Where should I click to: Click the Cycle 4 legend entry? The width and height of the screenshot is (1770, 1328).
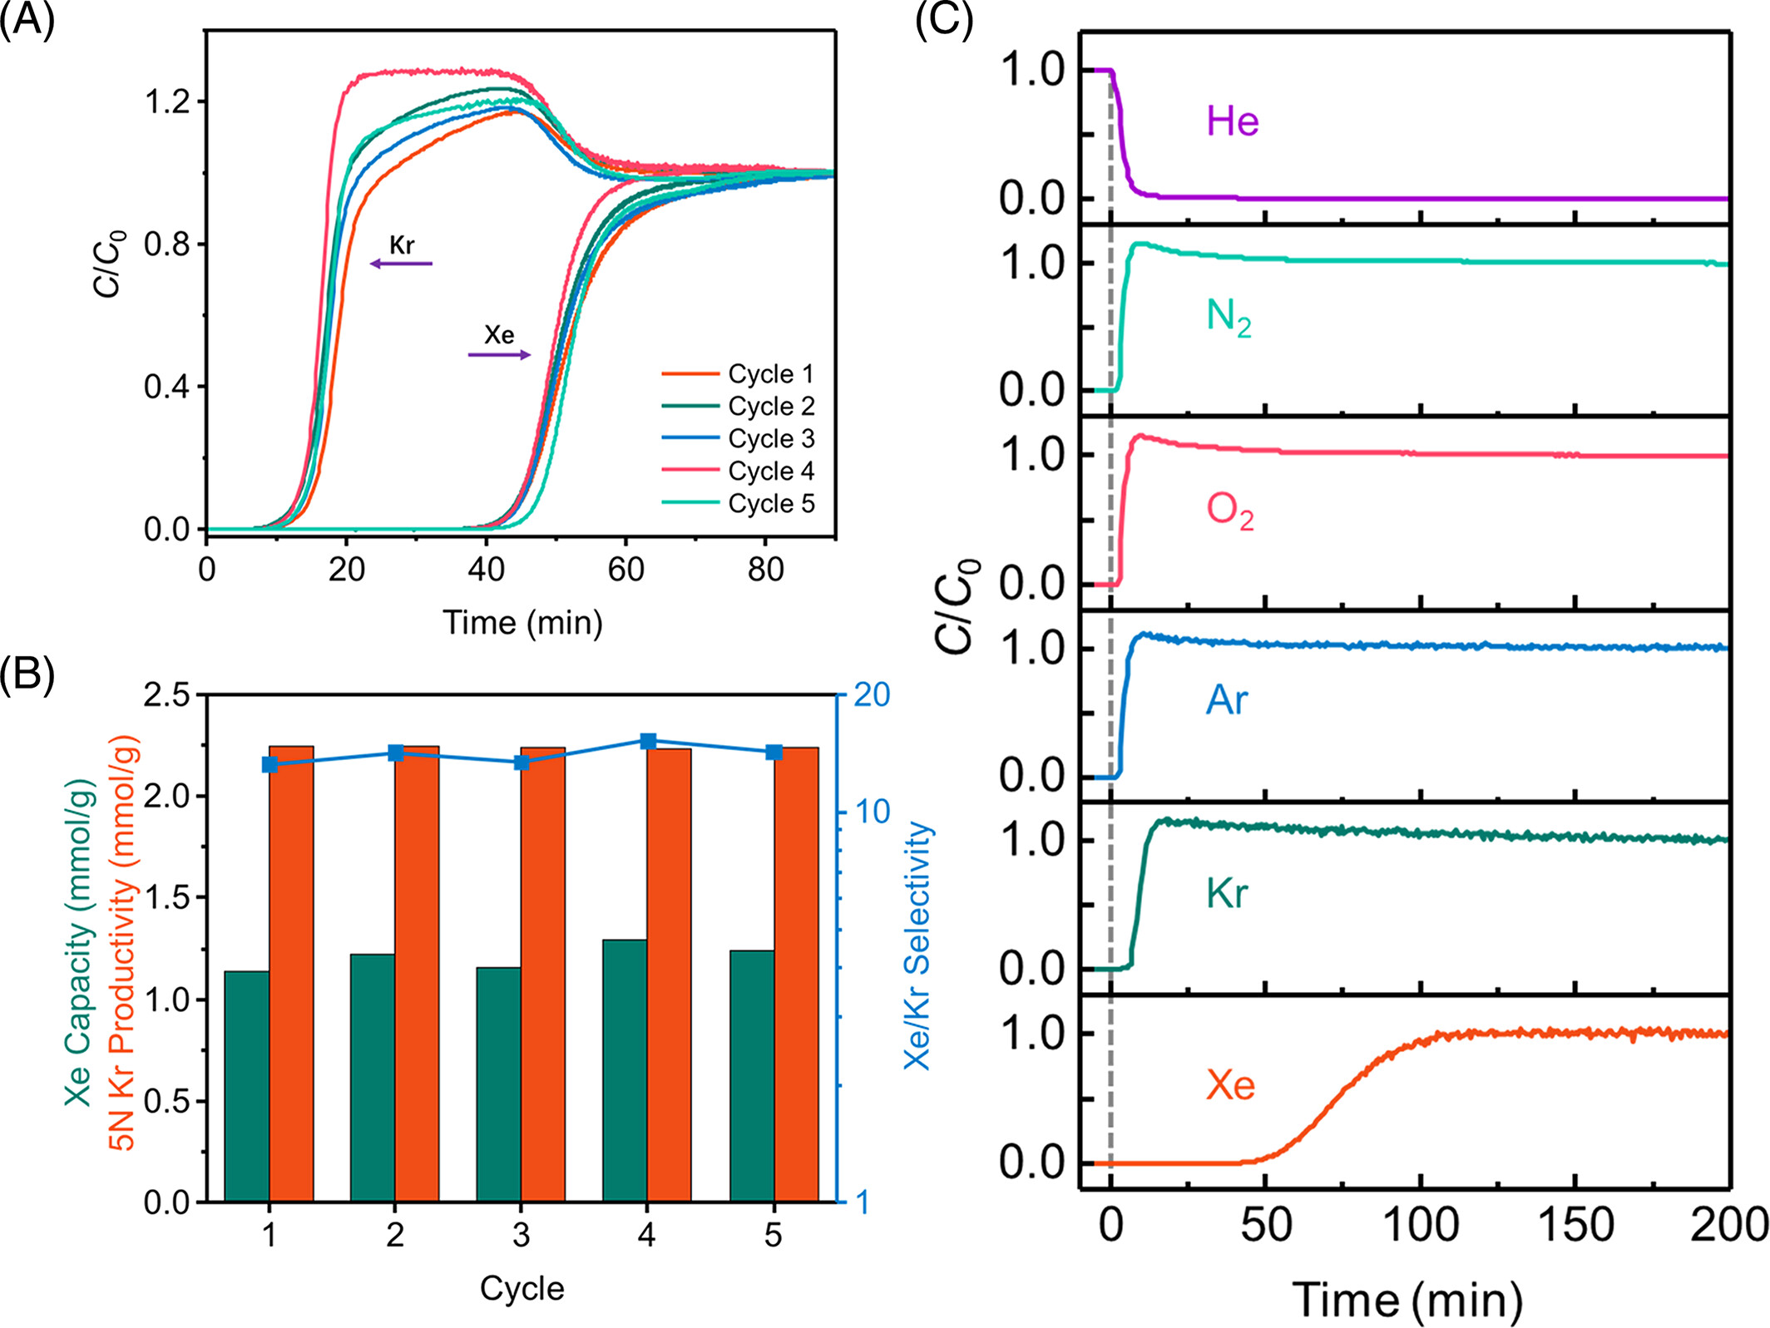pos(770,471)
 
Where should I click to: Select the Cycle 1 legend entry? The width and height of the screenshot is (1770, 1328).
pos(770,374)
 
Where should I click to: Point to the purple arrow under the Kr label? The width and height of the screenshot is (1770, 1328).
pos(401,264)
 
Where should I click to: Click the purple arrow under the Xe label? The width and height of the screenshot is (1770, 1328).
pos(499,355)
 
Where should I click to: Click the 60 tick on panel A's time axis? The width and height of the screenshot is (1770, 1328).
pos(625,570)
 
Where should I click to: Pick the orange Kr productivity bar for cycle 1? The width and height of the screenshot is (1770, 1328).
pos(291,973)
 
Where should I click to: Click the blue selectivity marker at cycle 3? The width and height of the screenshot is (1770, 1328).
pos(522,763)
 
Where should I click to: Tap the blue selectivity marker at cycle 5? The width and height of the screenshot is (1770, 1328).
pos(774,752)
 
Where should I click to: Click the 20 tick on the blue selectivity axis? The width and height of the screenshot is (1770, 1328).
pos(872,695)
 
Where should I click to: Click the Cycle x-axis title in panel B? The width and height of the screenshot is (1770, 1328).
pos(522,1288)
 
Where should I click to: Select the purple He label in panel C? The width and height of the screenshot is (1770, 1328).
pos(1232,121)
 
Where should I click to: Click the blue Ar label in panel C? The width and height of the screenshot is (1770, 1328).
pos(1227,700)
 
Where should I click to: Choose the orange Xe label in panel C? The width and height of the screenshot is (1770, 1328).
pos(1230,1085)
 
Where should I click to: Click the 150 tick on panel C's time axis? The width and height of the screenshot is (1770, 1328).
pos(1575,1225)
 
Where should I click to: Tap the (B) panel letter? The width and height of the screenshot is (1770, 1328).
pos(27,674)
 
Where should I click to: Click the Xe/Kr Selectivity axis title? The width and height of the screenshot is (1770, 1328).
pos(918,945)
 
